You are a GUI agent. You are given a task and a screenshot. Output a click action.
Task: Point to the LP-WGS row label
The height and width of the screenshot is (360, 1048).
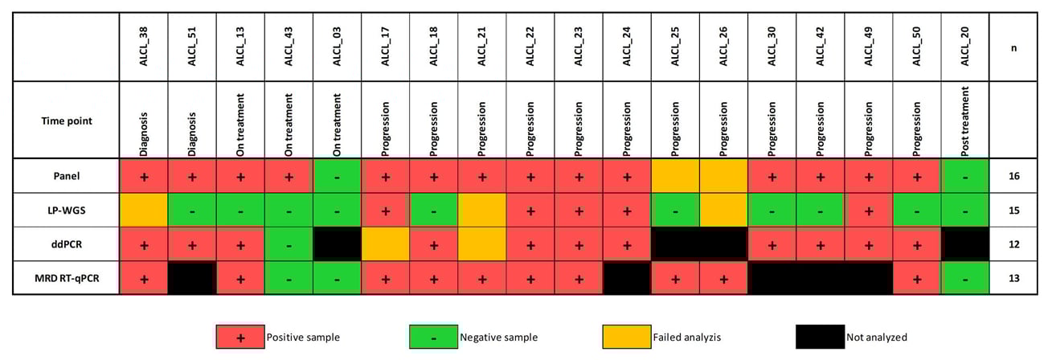pyautogui.click(x=67, y=211)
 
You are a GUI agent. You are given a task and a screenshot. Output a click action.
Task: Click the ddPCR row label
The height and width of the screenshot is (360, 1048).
pyautogui.click(x=67, y=244)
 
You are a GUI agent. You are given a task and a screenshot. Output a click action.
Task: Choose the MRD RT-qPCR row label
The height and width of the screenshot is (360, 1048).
pyautogui.click(x=67, y=278)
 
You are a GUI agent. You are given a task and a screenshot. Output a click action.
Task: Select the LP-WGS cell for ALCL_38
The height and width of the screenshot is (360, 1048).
pyautogui.click(x=144, y=211)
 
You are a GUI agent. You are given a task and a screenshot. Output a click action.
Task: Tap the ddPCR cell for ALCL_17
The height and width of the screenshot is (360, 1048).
pyautogui.click(x=386, y=244)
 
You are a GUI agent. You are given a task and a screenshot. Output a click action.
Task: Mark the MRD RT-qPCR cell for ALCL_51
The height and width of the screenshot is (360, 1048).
pyautogui.click(x=192, y=278)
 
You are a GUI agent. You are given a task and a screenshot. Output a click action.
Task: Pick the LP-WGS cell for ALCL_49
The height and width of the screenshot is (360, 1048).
pyautogui.click(x=868, y=211)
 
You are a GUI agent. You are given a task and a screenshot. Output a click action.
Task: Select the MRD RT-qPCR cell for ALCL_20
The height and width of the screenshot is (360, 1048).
pyautogui.click(x=964, y=278)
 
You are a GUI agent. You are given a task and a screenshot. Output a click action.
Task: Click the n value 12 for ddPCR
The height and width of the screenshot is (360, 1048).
pyautogui.click(x=1013, y=244)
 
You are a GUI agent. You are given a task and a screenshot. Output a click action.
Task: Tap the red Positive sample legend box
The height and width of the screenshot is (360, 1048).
pyautogui.click(x=239, y=337)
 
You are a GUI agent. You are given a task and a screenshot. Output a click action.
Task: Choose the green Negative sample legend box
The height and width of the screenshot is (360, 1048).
pyautogui.click(x=433, y=337)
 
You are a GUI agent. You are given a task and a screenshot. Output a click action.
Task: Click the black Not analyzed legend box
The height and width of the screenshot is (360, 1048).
pyautogui.click(x=819, y=337)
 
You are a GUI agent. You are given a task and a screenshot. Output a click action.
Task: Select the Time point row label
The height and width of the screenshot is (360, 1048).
pyautogui.click(x=67, y=121)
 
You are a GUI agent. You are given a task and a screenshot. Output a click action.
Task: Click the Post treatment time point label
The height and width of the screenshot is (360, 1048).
pyautogui.click(x=964, y=121)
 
